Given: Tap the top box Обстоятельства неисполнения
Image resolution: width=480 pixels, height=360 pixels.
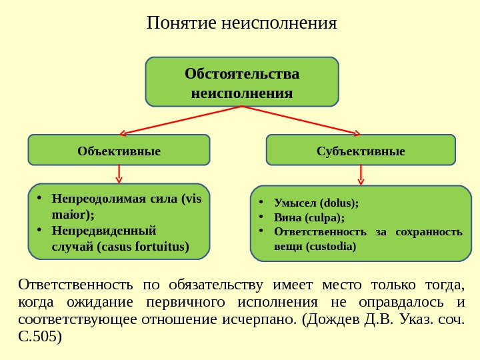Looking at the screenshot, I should tap(242, 82).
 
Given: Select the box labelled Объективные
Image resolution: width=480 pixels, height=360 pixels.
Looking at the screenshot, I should tap(119, 151).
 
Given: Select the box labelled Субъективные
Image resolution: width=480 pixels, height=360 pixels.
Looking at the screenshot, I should tap(361, 151).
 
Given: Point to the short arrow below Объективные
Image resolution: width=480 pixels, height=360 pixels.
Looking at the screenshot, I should tap(119, 174).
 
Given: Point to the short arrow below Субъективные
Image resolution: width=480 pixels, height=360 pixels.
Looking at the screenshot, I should tap(361, 175).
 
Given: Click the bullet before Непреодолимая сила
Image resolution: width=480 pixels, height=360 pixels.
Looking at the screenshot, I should tap(41, 198).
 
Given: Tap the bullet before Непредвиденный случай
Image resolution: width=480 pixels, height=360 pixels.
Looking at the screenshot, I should tap(41, 230).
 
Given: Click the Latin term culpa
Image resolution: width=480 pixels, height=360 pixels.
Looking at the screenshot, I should tap(325, 217).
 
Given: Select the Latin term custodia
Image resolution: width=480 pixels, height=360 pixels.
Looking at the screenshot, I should tap(333, 246).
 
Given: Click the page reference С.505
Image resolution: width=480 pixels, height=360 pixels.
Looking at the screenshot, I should tap(39, 336).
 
